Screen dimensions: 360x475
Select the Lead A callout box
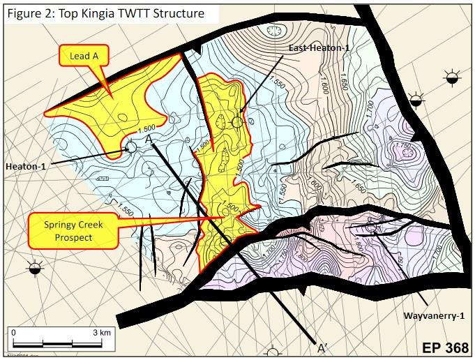click(80, 55)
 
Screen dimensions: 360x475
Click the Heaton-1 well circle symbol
click(131, 147)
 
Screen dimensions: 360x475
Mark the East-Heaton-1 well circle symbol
click(237, 122)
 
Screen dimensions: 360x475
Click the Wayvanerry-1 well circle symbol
click(370, 227)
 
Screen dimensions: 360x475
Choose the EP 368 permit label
click(444, 347)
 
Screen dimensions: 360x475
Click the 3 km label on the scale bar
click(101, 333)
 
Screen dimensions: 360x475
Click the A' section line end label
click(322, 348)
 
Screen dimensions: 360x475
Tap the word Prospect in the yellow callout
click(73, 238)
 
